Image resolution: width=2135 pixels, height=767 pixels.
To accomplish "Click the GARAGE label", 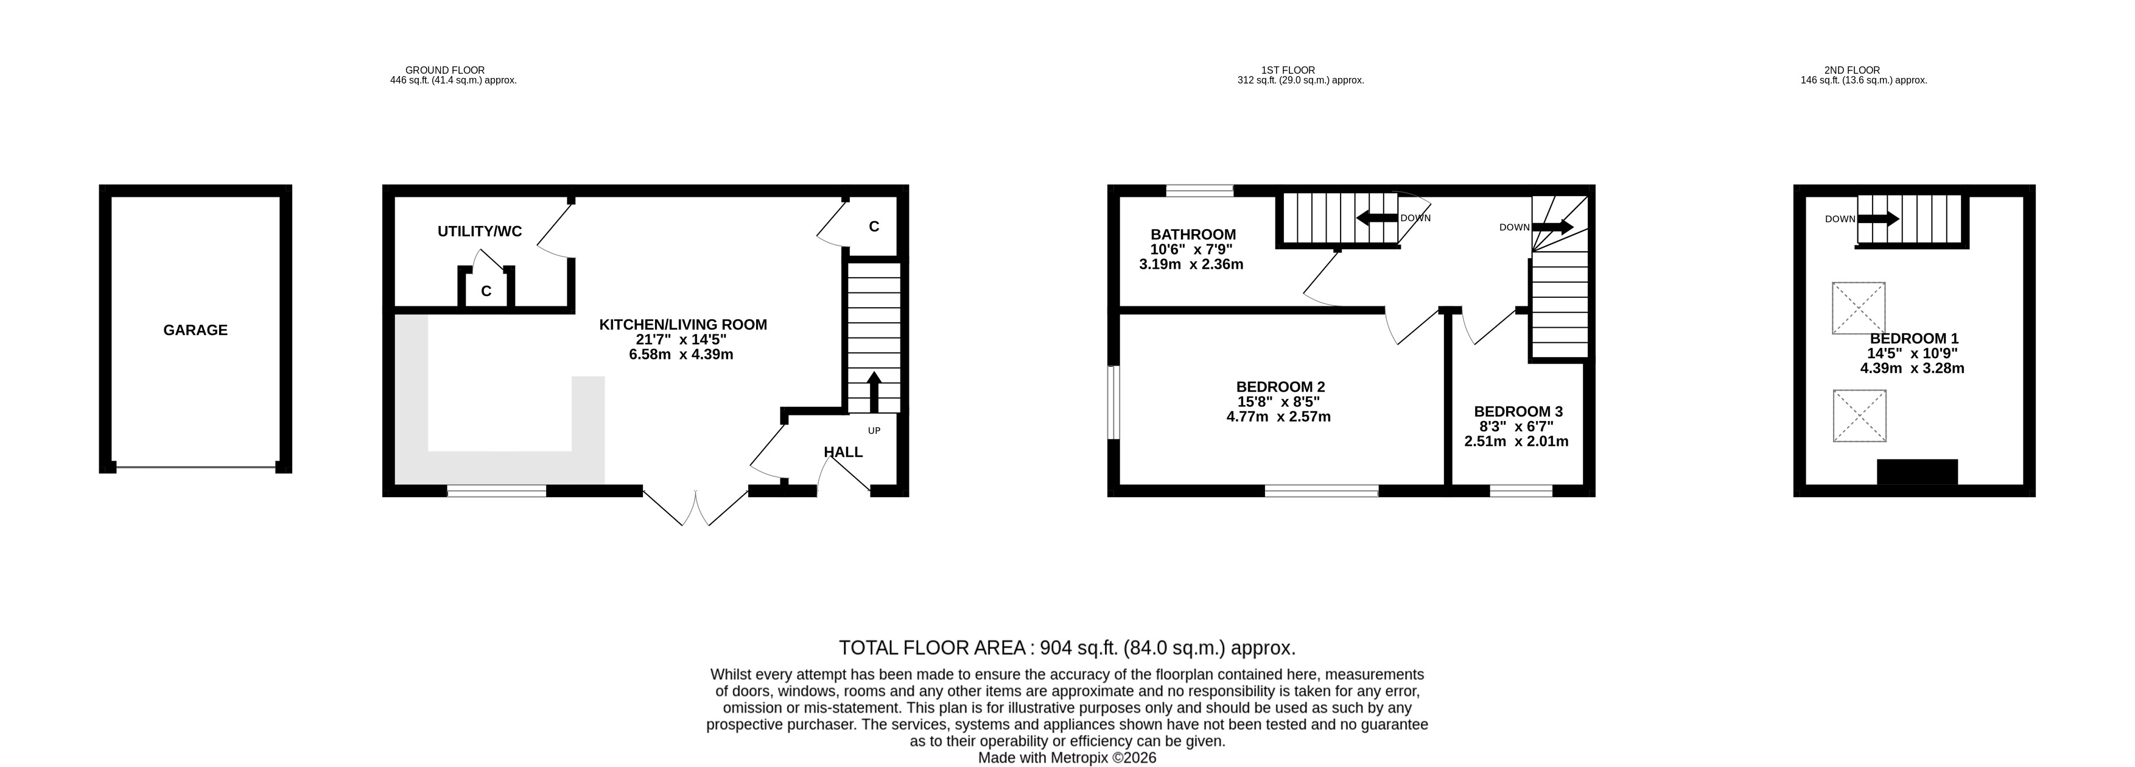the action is (195, 330).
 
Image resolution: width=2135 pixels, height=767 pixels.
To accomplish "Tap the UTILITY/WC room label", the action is (480, 232).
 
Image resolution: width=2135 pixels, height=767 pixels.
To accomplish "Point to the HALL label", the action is (843, 452).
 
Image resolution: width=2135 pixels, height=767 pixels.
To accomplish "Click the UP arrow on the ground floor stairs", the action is (874, 392).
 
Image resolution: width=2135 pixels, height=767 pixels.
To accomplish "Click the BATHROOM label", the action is (1193, 235).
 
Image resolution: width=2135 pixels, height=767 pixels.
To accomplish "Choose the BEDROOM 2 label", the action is (1280, 386).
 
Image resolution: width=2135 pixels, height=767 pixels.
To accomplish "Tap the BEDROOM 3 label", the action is (1518, 411).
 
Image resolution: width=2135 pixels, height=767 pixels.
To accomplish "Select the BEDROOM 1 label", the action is (1914, 338).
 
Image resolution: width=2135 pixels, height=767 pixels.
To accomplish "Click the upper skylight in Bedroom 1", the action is (1858, 308).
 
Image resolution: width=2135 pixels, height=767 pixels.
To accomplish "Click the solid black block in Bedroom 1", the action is (1917, 472).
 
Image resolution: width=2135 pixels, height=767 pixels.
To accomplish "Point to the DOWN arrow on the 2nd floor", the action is (1877, 219).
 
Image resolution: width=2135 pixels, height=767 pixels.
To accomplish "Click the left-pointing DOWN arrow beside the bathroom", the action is (1376, 218).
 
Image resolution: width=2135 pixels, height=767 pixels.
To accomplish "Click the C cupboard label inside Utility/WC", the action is (486, 291).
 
